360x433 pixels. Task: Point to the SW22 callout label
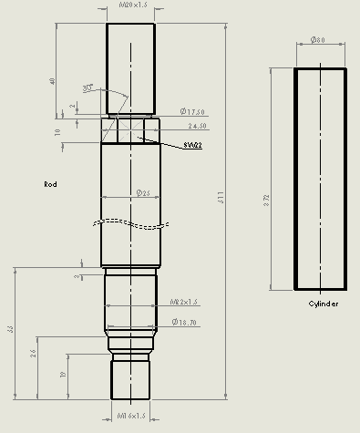point(192,145)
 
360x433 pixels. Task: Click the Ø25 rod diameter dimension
point(142,193)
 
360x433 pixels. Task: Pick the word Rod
point(51,184)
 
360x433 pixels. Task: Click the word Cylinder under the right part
point(323,304)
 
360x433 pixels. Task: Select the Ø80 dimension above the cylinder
point(318,40)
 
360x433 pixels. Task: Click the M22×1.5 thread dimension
point(184,301)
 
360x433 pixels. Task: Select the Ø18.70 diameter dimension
point(185,322)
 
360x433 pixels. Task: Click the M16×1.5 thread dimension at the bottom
point(132,417)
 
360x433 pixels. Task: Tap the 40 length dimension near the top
point(53,81)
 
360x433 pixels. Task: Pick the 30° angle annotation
point(88,88)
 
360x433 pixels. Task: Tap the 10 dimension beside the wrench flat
point(57,132)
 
